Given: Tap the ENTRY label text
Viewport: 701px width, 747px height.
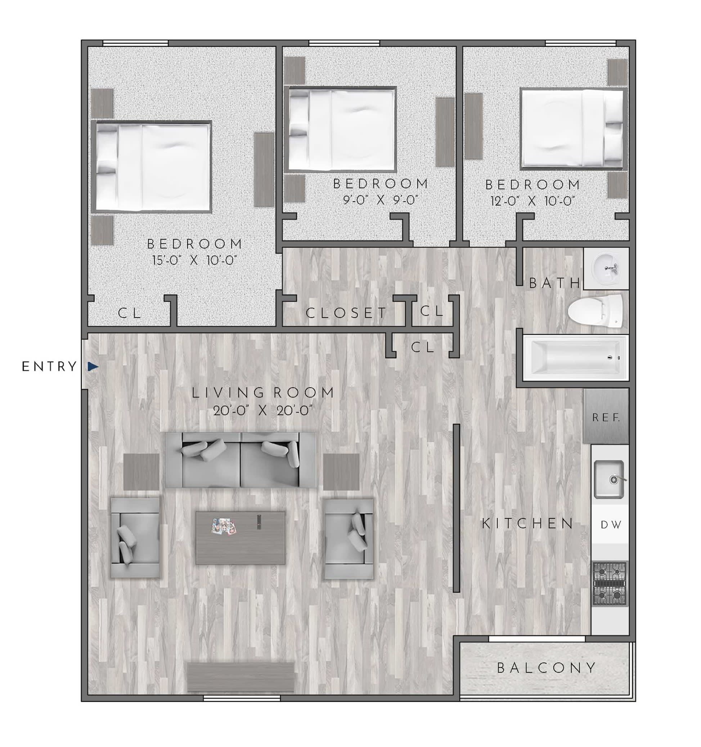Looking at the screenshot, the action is [x=49, y=367].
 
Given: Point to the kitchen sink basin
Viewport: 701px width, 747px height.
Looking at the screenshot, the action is [x=608, y=480].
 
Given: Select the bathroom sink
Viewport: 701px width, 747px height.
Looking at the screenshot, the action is [x=606, y=268].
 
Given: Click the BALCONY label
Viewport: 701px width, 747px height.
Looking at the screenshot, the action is [x=547, y=668].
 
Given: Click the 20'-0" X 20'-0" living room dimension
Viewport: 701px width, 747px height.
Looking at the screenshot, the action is [x=263, y=411].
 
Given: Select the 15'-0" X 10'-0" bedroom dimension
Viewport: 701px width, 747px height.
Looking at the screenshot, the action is [x=194, y=260].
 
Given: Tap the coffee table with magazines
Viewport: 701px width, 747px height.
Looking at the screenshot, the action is [x=241, y=538].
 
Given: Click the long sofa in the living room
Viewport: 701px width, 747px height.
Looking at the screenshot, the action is [x=241, y=460].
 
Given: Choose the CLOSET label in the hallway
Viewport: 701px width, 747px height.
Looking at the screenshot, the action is [x=346, y=312].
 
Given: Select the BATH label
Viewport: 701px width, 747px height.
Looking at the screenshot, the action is [x=554, y=283].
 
